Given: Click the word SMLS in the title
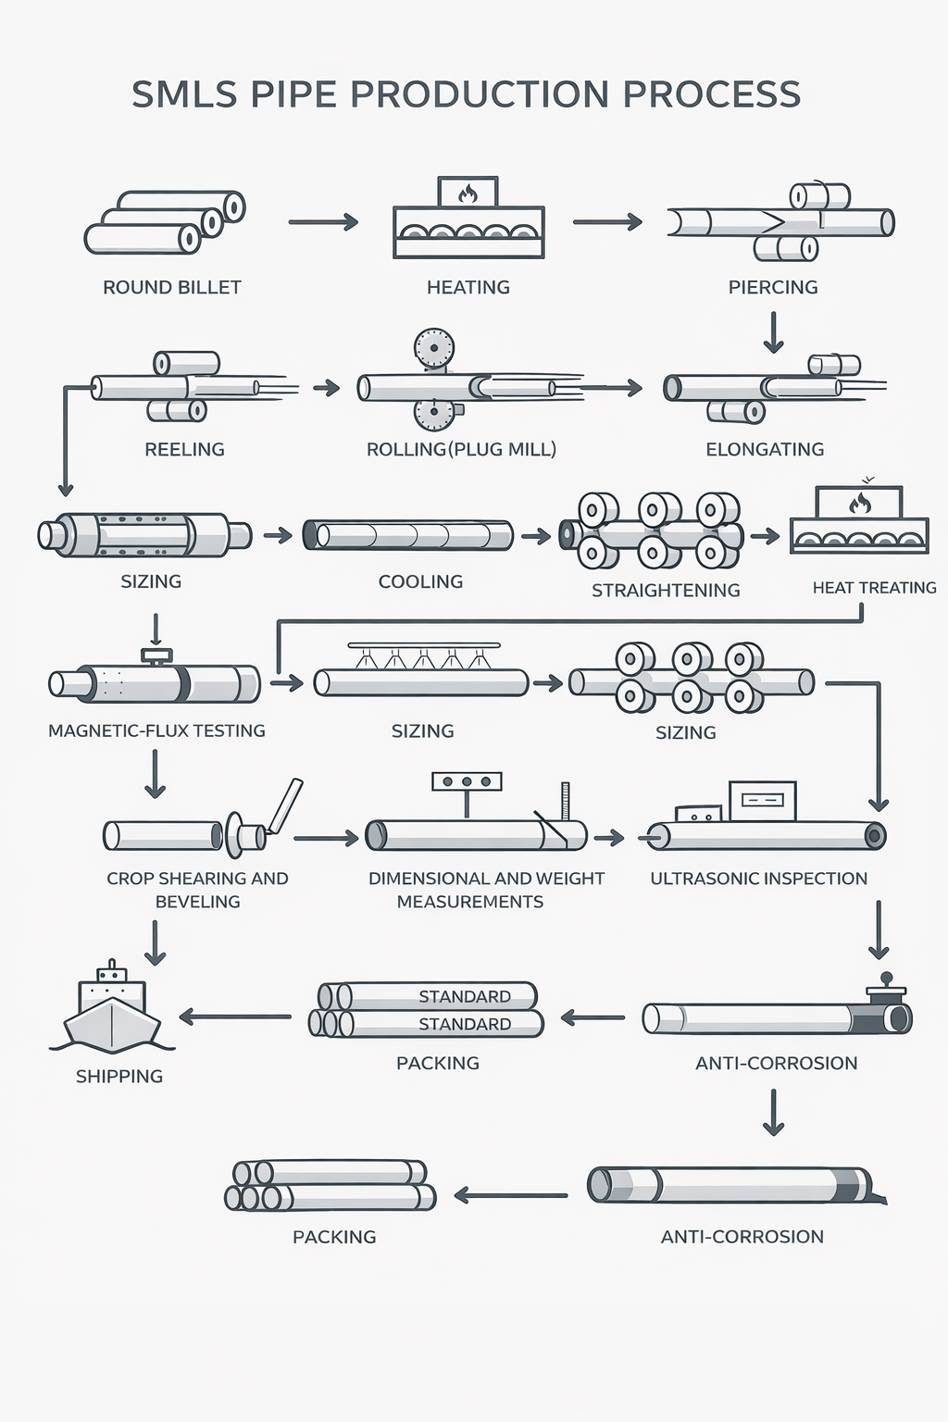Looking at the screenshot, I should pos(184,94).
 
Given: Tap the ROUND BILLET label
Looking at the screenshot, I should pos(171,287).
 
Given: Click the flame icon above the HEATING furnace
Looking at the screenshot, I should pos(468,193).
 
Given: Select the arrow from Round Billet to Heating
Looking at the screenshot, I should pos(323,222).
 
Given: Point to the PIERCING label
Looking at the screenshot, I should pos(773,287).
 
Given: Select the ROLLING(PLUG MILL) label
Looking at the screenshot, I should pos(461,449).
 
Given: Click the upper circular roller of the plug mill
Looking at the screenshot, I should pos(433,349).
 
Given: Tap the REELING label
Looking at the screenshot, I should pos(184,449).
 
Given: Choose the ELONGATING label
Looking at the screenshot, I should pos(765,449).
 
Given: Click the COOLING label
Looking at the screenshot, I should pos(420,581).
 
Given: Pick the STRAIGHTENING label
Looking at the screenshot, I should pos(666,590).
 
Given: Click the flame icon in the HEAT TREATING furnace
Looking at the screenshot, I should pos(860,503).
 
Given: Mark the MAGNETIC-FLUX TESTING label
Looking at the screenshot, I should pos(156,730).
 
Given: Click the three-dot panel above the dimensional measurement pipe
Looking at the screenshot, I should pos(467,781).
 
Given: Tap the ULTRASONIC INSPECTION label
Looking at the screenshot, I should pos(758,878).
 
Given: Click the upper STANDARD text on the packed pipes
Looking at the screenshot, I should pos(464,996).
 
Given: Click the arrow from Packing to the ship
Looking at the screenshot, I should pos(235,1017).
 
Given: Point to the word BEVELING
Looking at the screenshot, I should pos(197,902).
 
